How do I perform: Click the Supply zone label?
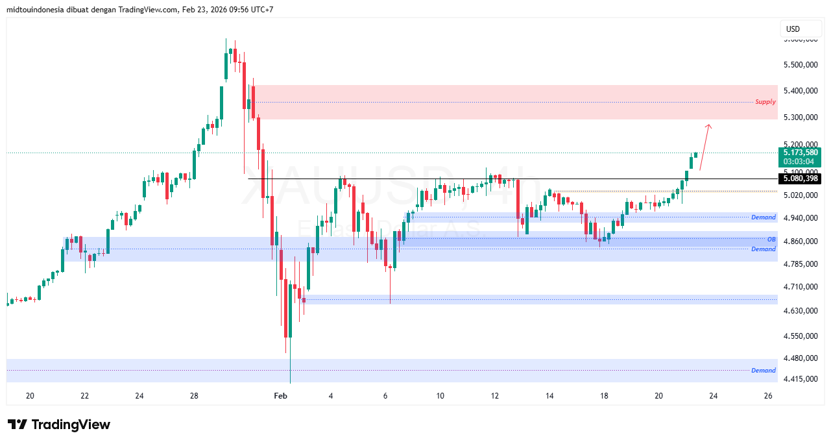click(765, 102)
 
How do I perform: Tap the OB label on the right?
click(771, 240)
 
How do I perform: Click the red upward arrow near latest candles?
click(705, 146)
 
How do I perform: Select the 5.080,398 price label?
click(801, 179)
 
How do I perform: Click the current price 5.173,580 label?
click(801, 153)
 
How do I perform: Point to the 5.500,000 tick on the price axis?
click(801, 65)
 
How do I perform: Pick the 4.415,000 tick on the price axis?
click(801, 379)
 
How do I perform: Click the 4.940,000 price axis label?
click(801, 218)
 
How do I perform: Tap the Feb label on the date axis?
click(280, 396)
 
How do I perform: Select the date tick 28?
click(193, 396)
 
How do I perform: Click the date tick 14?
click(549, 396)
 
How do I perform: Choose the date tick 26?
click(768, 396)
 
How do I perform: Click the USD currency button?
click(793, 29)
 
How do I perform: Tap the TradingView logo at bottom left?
click(59, 425)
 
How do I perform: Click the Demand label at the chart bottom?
click(764, 371)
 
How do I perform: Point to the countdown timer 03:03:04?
click(798, 162)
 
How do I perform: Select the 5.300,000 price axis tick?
click(801, 117)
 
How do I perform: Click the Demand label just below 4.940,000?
click(764, 217)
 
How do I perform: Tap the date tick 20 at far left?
click(30, 396)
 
